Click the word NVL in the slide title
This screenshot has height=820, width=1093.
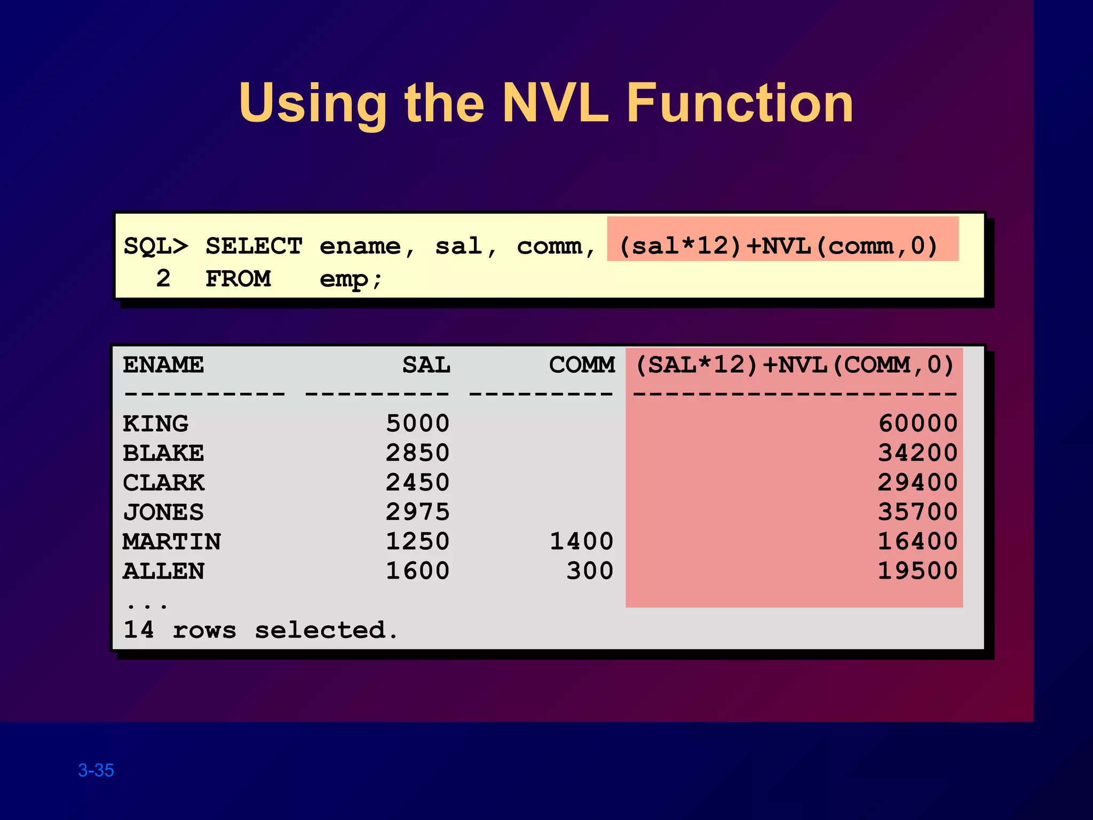pos(555,103)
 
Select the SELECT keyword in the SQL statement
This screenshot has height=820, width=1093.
pos(254,247)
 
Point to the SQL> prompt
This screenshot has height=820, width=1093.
pos(156,247)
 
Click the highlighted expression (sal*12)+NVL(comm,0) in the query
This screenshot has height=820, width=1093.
pos(778,246)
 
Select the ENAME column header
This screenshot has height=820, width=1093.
pos(163,366)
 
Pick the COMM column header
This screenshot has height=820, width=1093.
pos(582,366)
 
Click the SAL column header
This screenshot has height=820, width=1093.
pos(426,366)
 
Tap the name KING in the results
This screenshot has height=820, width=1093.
pos(155,424)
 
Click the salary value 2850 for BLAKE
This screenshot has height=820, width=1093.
pos(417,453)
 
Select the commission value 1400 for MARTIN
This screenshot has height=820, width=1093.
pos(581,542)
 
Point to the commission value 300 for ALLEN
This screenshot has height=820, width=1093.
pos(589,571)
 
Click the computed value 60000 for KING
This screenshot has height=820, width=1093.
pos(917,424)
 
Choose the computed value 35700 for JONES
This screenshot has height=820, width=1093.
pos(917,512)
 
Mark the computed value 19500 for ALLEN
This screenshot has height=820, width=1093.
pos(917,571)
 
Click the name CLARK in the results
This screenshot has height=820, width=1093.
pos(163,483)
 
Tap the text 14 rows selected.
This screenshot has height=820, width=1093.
pos(260,630)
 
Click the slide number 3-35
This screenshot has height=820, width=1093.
pos(96,770)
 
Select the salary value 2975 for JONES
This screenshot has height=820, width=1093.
pos(417,512)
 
